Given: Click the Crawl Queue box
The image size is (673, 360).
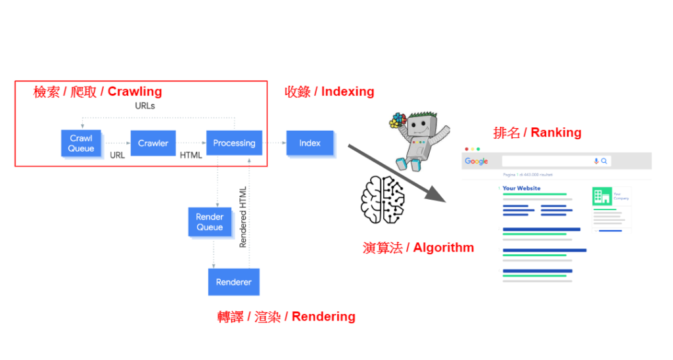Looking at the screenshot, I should click(x=81, y=143).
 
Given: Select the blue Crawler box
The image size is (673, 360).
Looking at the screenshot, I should click(x=153, y=143).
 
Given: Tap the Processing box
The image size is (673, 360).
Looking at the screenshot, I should click(x=234, y=143).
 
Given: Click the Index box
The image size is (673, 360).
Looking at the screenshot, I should click(x=310, y=143).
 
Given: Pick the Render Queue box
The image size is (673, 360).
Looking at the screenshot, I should click(x=210, y=222).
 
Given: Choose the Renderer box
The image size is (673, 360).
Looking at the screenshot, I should click(x=234, y=282).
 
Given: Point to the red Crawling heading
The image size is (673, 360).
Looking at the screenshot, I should click(x=98, y=92).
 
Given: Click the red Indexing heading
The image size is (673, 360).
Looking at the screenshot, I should click(x=329, y=92).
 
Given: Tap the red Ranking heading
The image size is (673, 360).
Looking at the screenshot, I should click(x=537, y=133).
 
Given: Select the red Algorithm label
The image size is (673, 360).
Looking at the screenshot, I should click(x=418, y=248).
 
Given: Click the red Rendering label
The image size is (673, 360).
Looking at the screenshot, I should click(x=287, y=317).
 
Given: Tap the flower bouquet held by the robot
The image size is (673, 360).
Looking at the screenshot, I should click(x=396, y=122).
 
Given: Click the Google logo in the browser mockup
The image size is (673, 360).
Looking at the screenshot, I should click(x=476, y=162).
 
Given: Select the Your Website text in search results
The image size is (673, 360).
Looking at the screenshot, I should click(x=521, y=189).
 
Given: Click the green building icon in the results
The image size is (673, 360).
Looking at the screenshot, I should click(x=601, y=196).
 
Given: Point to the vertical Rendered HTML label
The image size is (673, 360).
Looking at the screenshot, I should click(x=243, y=217).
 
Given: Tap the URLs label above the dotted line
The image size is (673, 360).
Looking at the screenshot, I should click(x=145, y=106).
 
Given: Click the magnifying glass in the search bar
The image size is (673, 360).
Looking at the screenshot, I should click(x=604, y=161).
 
